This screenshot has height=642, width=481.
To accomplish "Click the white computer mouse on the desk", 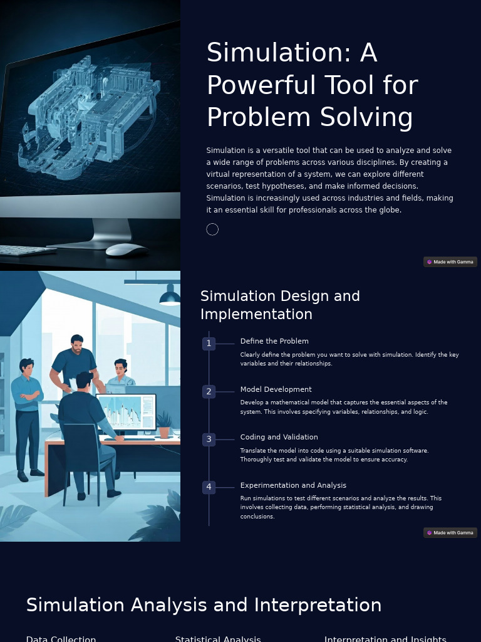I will coord(127,250).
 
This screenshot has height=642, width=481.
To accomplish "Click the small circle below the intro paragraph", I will coord(212,229).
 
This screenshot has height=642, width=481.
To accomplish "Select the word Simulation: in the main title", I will coord(275,53).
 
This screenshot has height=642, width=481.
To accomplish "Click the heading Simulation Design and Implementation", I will coord(280,305).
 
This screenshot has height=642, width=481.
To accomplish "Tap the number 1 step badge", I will coord(209,344).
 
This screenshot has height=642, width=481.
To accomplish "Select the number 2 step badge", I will coord(209,391).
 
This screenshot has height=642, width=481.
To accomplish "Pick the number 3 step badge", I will coord(209,439).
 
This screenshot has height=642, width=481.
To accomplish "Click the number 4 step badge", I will coord(209,487).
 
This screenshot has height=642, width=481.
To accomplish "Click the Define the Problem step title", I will coord(274,341).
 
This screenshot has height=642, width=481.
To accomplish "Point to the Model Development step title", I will coord(276,389).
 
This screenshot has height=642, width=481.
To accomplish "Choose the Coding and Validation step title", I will coord(279,437).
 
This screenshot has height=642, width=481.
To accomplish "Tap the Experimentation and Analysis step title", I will coord(293,485).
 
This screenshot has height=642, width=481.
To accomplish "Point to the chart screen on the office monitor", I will coord(125,412).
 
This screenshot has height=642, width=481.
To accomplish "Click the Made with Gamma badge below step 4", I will coord(450,533).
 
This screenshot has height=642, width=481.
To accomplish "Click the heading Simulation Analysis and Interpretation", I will coord(204,605).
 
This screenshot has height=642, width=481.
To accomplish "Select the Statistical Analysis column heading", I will coord(218,638).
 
